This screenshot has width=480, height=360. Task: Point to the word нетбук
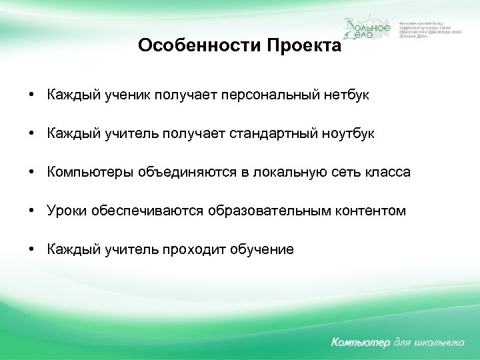point(346,95)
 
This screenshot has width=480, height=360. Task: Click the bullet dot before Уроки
point(32,211)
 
